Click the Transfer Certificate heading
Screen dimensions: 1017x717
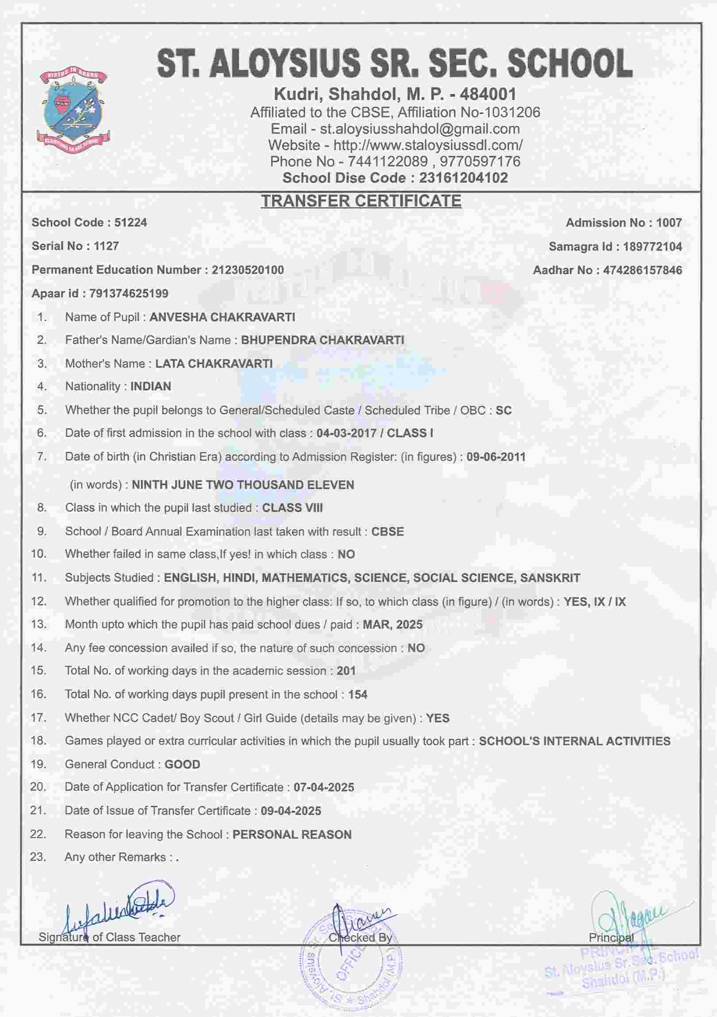tap(361, 201)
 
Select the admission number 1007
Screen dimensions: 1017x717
tap(669, 223)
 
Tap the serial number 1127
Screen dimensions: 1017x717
tap(106, 246)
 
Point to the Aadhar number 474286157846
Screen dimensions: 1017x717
tap(643, 270)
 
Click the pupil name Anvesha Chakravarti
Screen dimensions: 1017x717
tap(222, 317)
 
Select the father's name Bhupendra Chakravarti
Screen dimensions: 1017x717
tap(322, 340)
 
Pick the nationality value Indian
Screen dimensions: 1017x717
tap(150, 386)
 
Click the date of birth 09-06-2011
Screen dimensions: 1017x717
tap(496, 457)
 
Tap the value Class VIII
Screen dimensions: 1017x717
tap(292, 508)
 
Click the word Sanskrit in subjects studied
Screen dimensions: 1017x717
tap(550, 578)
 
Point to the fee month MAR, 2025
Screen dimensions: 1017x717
tap(393, 624)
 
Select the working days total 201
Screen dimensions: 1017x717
tap(346, 670)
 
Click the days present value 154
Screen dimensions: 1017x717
tap(358, 694)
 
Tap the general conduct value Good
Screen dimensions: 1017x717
tap(182, 764)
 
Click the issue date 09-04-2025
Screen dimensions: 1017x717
tap(291, 811)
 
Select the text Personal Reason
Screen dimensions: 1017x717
tap(292, 835)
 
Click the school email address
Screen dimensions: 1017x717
tap(420, 129)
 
